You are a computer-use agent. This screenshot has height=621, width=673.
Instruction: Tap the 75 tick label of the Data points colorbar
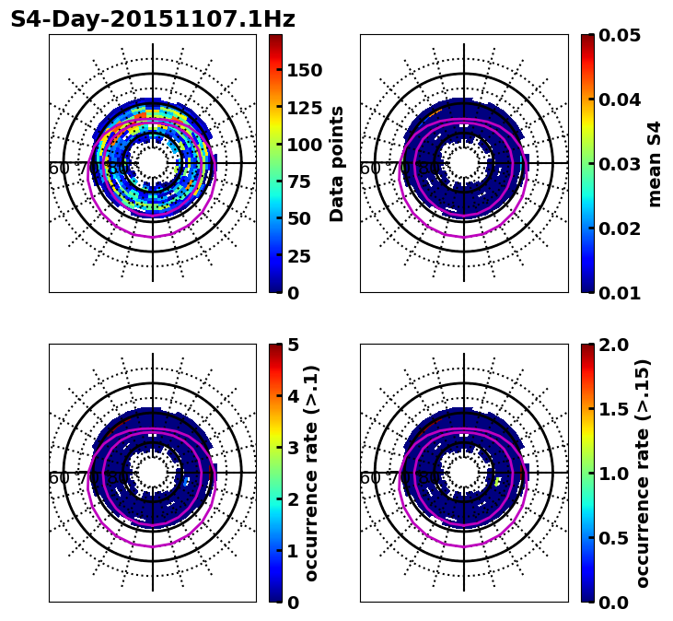coord(298,182)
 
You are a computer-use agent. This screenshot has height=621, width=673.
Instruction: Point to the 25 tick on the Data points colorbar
coord(298,256)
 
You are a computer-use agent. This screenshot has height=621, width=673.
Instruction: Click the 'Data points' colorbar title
coord(338,163)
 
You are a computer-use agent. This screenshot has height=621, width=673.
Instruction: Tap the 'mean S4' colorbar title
coord(655,163)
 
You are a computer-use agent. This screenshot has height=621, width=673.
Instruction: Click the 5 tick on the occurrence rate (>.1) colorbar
coord(293,345)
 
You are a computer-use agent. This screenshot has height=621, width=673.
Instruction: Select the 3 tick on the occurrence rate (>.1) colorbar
coord(293,448)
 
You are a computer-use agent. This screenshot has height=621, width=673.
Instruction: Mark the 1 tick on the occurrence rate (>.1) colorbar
coord(293,551)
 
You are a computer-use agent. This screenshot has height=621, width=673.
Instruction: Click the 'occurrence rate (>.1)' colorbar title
coord(312,474)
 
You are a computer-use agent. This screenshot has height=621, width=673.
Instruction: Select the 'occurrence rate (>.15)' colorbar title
coord(643,474)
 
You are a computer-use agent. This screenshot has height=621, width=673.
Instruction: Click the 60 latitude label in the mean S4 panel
coord(370,169)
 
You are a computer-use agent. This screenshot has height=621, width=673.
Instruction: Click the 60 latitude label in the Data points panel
coord(59,169)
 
